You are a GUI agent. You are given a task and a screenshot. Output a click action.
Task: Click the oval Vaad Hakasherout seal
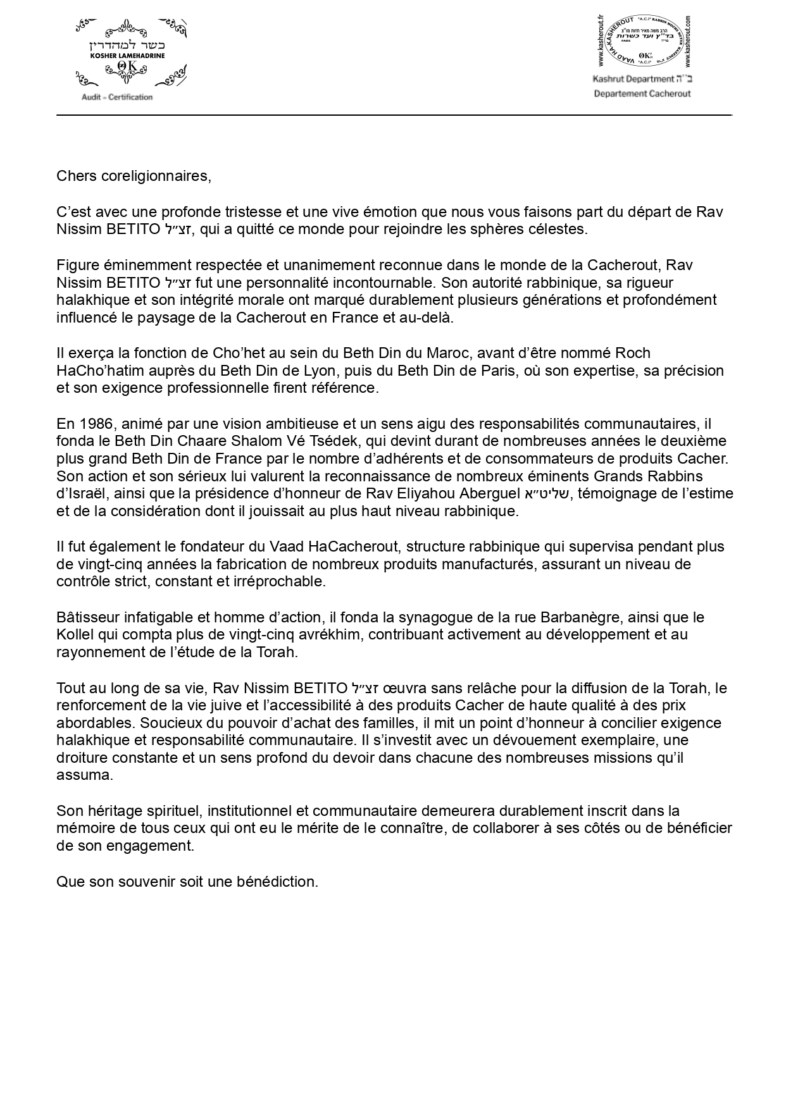click(642, 42)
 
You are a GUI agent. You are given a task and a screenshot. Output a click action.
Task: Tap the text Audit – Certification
click(117, 97)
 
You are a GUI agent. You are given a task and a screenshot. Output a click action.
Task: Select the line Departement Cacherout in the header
click(642, 94)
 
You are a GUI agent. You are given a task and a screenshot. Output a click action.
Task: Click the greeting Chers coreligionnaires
click(134, 176)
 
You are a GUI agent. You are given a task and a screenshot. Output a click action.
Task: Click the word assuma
click(85, 775)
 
